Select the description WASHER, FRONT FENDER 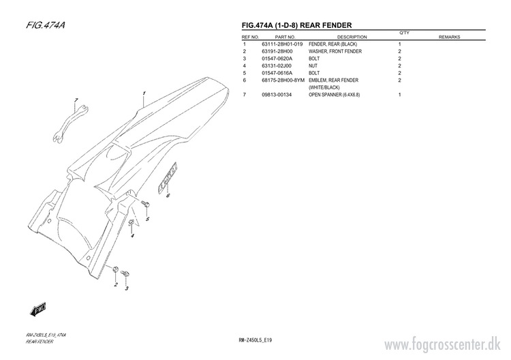pos(335,52)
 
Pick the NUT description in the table pos(313,66)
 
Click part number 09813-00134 pos(276,95)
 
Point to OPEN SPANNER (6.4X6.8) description pos(334,95)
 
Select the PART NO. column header pos(285,37)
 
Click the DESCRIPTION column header pos(352,37)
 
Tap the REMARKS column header pos(450,37)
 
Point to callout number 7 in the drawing pos(76,101)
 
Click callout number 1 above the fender pos(144,93)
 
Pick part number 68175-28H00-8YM pos(283,80)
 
